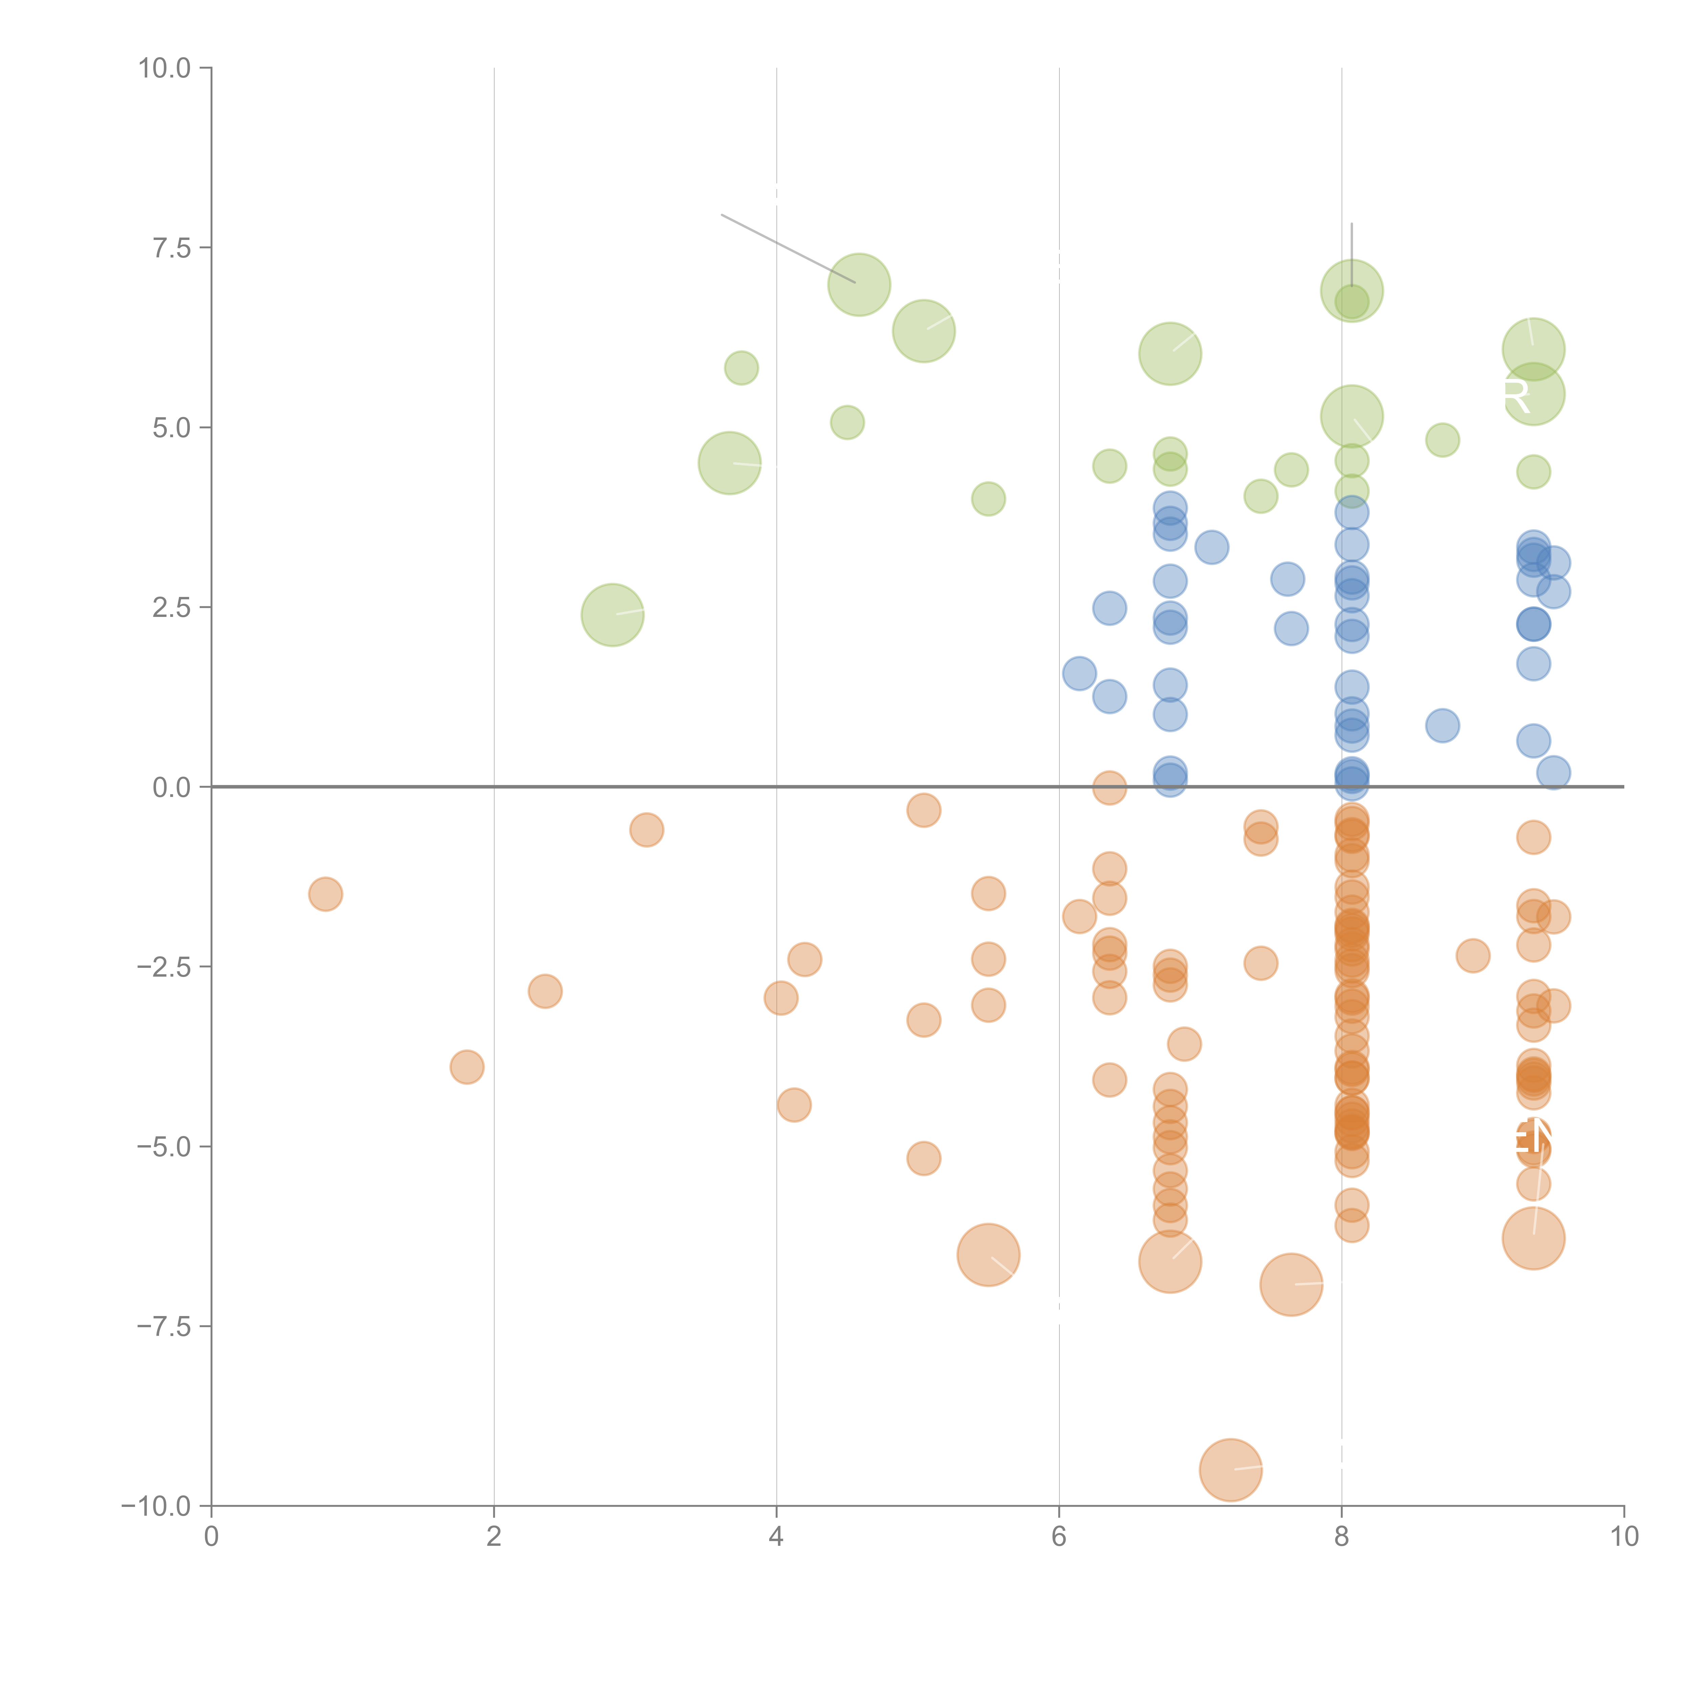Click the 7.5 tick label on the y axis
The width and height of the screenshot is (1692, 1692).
point(171,248)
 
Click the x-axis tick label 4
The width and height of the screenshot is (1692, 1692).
point(776,1537)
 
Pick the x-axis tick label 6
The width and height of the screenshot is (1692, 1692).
point(1059,1537)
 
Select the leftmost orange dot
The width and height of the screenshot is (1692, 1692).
point(325,894)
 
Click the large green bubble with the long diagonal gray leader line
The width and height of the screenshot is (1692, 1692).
point(859,285)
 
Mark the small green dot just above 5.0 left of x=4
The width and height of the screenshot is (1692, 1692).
point(741,368)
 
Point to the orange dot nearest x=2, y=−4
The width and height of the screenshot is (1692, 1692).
point(467,1067)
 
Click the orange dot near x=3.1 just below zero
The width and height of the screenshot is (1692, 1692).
point(646,829)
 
